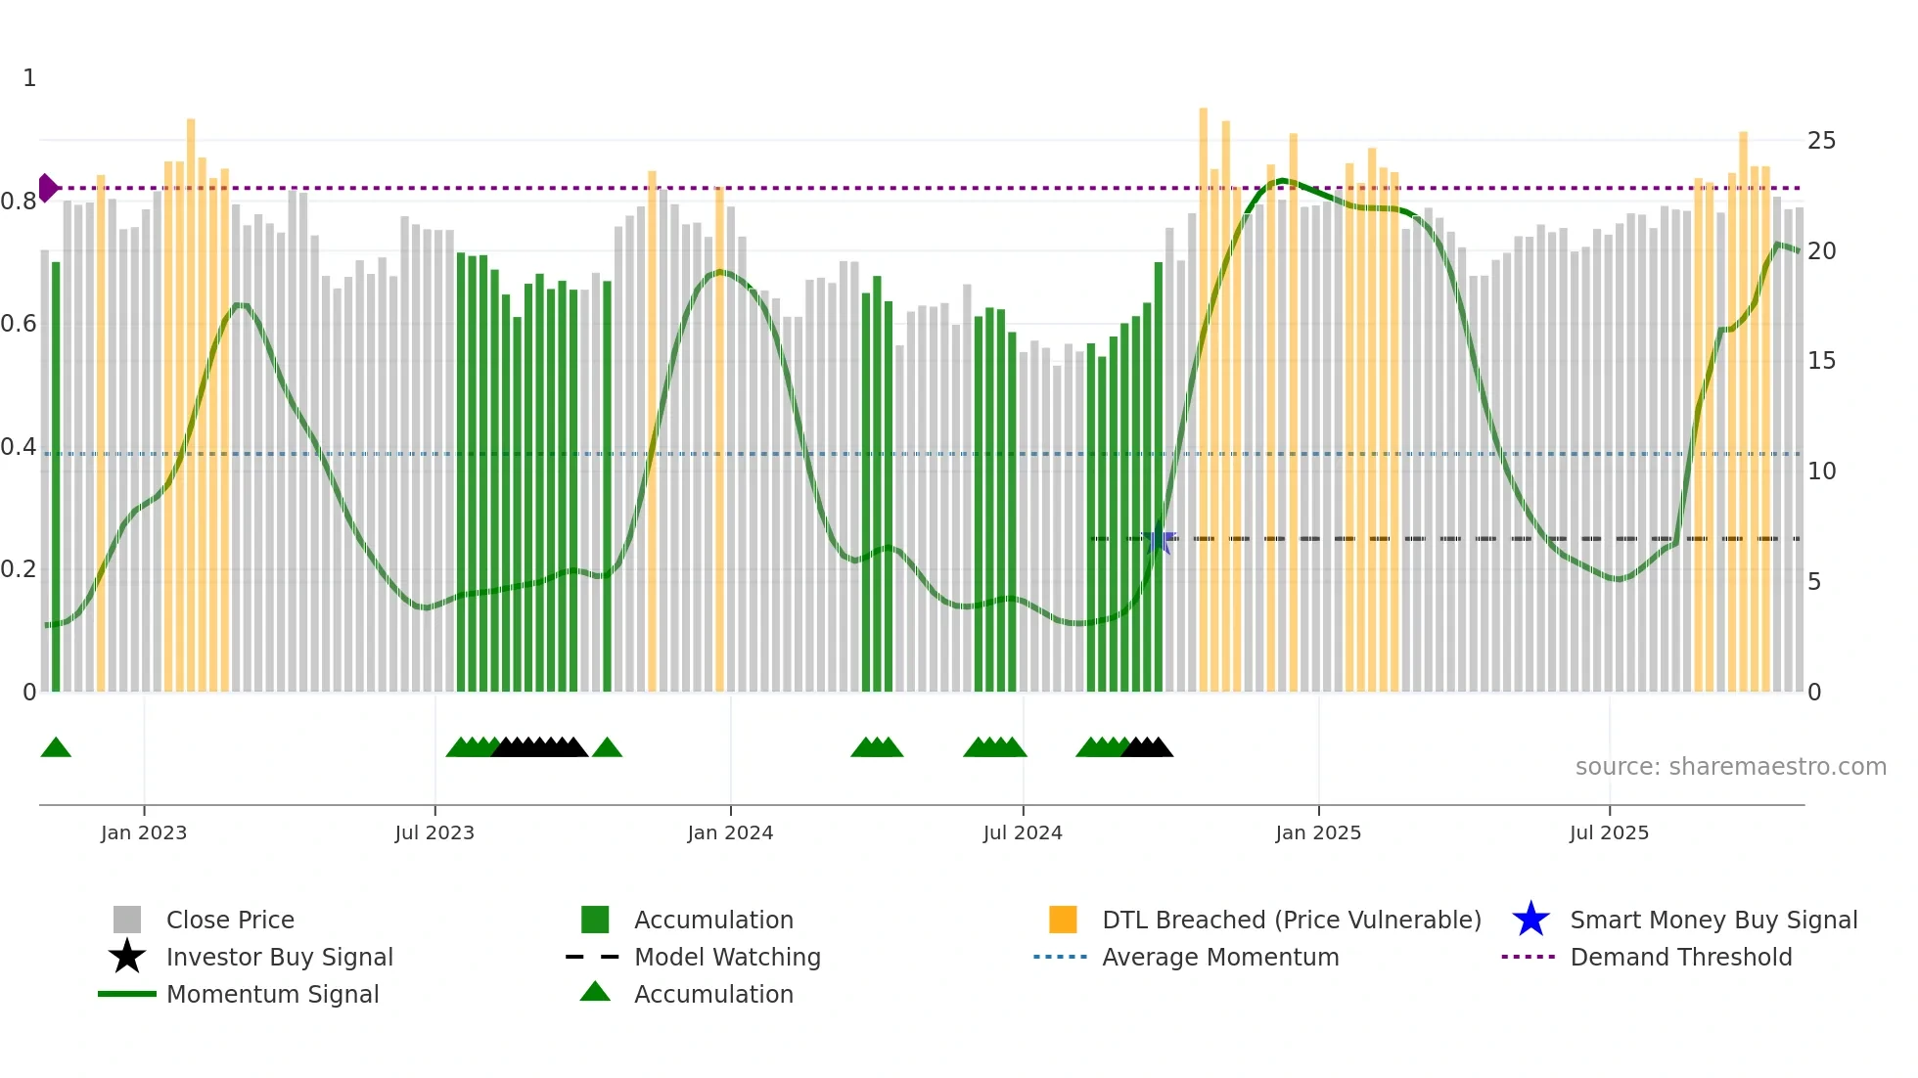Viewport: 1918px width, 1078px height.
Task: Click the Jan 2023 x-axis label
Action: (143, 833)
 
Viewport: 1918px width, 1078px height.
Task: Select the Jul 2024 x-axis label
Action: (1023, 833)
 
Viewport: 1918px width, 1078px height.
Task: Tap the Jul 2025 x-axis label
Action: (1609, 833)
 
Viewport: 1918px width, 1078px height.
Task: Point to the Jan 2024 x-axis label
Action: (730, 833)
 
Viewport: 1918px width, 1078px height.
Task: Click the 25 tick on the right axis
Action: (1821, 141)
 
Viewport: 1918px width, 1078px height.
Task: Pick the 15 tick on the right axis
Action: (1821, 361)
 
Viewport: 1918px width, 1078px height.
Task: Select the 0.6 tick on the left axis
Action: (19, 324)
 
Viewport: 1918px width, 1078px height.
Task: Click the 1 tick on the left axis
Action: (29, 78)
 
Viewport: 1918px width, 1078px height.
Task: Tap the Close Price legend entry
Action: (230, 921)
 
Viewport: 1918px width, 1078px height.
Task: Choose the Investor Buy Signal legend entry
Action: (279, 958)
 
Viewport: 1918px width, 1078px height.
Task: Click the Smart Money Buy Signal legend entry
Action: (1712, 921)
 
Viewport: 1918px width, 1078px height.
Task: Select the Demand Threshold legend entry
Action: (1680, 958)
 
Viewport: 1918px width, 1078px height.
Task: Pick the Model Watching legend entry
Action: (727, 958)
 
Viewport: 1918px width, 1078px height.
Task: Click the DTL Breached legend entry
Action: (1291, 921)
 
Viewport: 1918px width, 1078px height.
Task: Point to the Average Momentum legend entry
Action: (1220, 958)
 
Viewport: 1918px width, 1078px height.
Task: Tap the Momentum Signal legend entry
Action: (272, 995)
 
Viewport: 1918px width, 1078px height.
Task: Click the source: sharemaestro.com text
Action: (1730, 767)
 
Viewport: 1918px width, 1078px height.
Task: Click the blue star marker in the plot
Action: (1159, 539)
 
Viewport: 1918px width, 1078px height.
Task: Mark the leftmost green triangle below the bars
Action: (56, 748)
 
